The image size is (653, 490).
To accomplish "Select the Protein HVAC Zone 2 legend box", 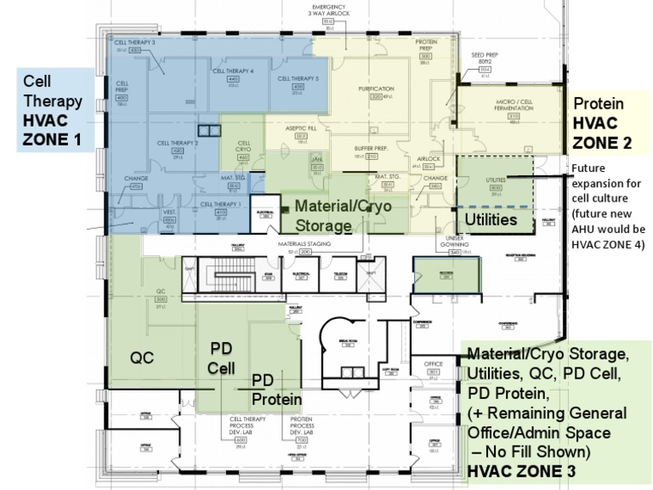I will [607, 123].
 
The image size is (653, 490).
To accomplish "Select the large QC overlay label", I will [142, 356].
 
